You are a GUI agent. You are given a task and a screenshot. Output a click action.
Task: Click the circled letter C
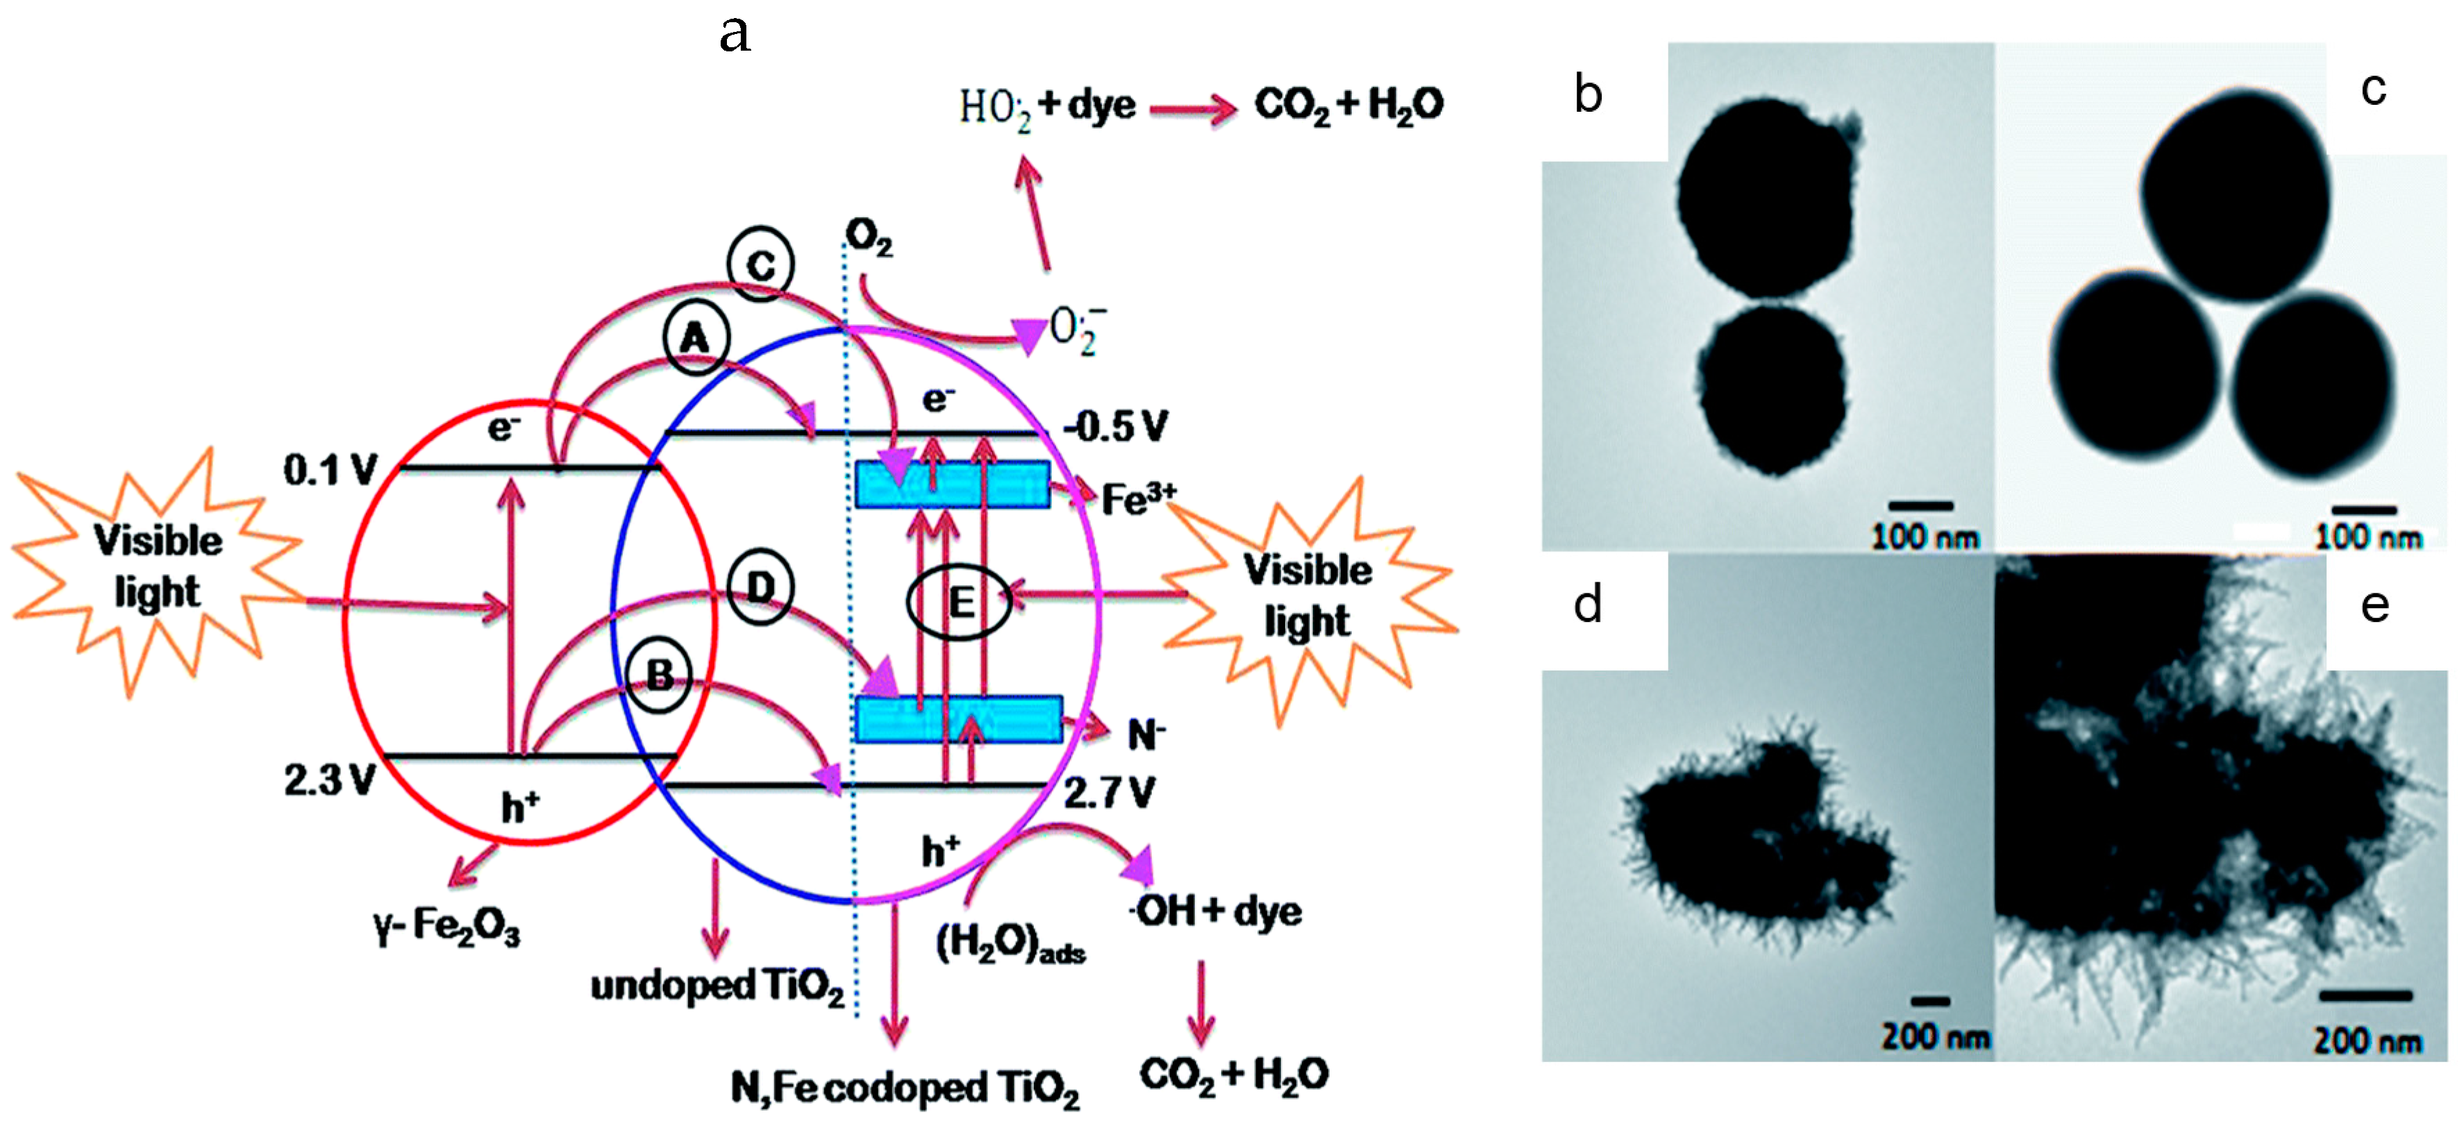(x=760, y=263)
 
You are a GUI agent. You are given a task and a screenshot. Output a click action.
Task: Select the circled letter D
(x=760, y=587)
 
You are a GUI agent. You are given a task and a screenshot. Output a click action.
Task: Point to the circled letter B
(x=659, y=675)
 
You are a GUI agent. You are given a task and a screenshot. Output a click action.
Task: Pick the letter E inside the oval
(x=959, y=602)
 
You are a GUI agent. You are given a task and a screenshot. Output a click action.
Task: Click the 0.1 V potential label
(x=330, y=470)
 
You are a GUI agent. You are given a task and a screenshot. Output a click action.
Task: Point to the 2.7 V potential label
(x=1109, y=792)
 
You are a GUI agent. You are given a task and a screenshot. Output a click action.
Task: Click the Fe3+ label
(x=1138, y=498)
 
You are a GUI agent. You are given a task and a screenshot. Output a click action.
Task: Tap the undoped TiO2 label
(x=716, y=986)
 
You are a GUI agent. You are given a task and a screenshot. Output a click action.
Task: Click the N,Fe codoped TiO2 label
(x=905, y=1088)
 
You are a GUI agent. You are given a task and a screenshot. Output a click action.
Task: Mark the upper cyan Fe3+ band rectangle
(x=953, y=484)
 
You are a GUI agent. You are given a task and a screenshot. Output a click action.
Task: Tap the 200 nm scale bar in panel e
(x=2365, y=996)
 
